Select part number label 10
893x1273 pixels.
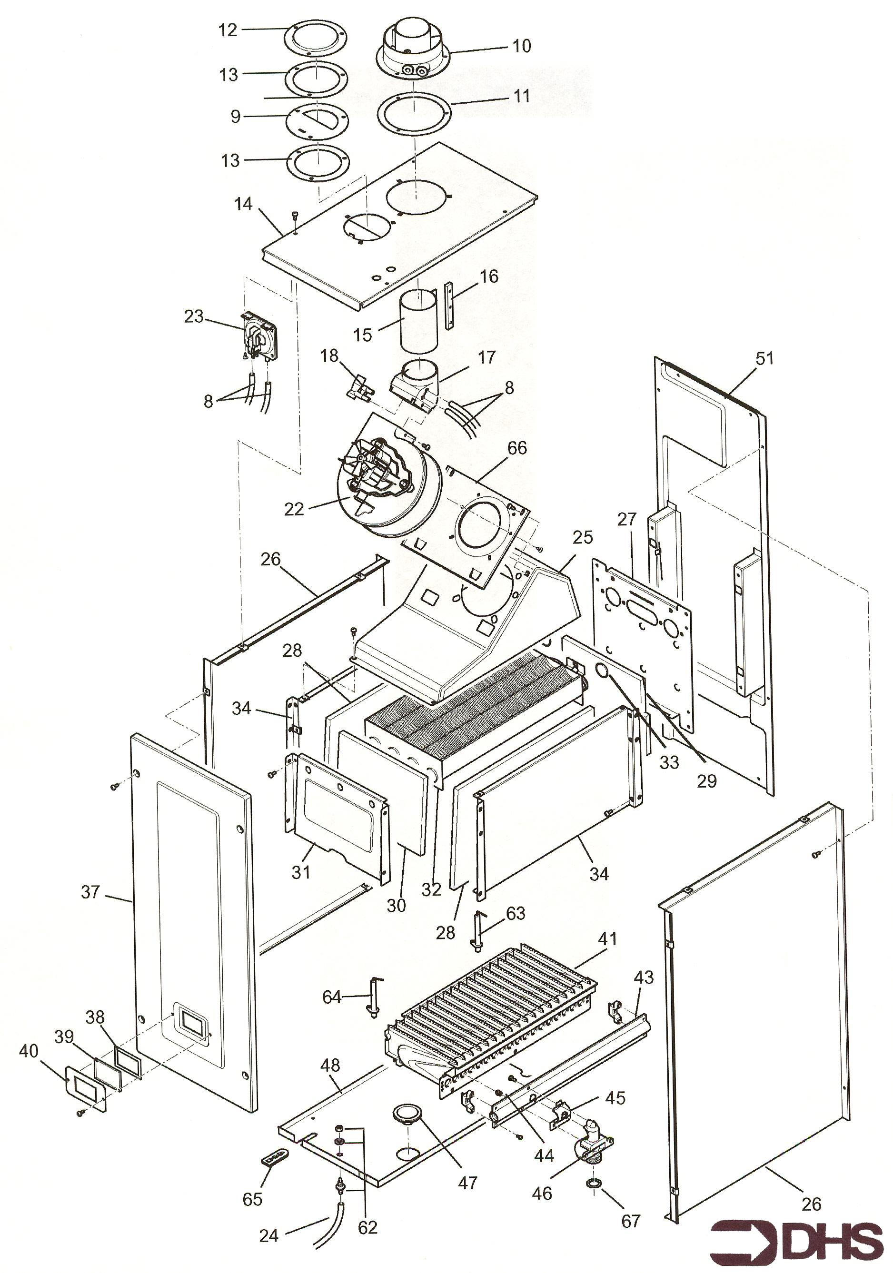[x=521, y=46]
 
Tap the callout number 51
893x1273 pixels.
[x=764, y=358]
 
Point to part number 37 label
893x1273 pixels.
[x=90, y=892]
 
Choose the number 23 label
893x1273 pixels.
[x=194, y=316]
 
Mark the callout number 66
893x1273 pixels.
[x=517, y=447]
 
